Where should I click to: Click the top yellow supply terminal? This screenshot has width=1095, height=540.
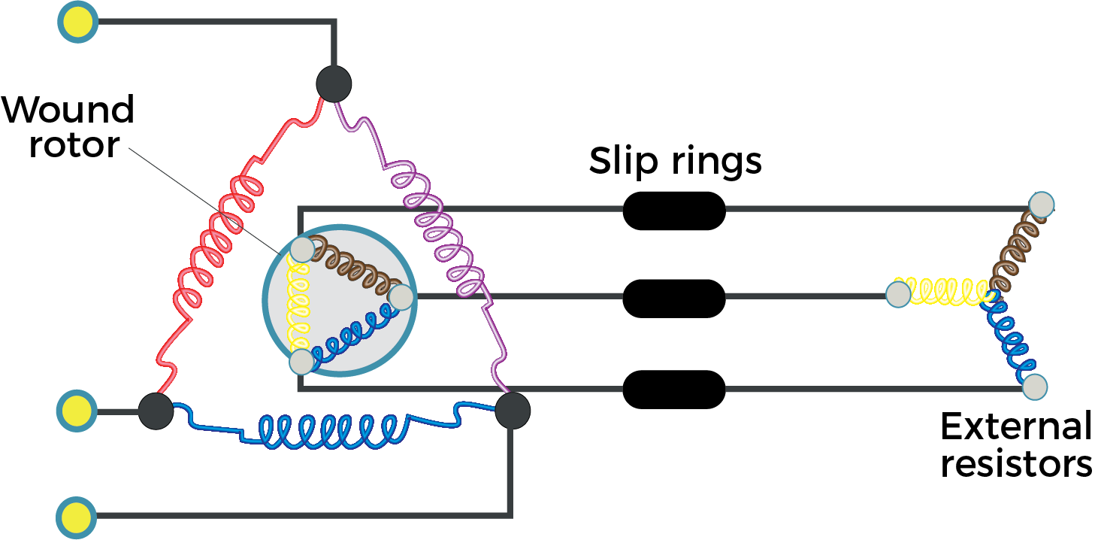[x=78, y=22]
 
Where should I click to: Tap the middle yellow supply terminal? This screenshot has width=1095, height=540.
[x=77, y=411]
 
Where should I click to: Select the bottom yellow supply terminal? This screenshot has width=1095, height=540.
[x=76, y=517]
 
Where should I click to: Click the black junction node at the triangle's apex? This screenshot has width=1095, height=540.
[x=334, y=84]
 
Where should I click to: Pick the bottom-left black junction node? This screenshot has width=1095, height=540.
[x=156, y=411]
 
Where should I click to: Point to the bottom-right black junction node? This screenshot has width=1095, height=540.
[x=513, y=411]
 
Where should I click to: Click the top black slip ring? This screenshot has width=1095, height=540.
[x=674, y=211]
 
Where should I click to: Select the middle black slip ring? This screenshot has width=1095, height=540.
[x=674, y=299]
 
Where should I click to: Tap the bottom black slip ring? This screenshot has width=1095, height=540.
[x=674, y=390]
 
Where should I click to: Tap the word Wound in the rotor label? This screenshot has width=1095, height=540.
[x=68, y=110]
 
